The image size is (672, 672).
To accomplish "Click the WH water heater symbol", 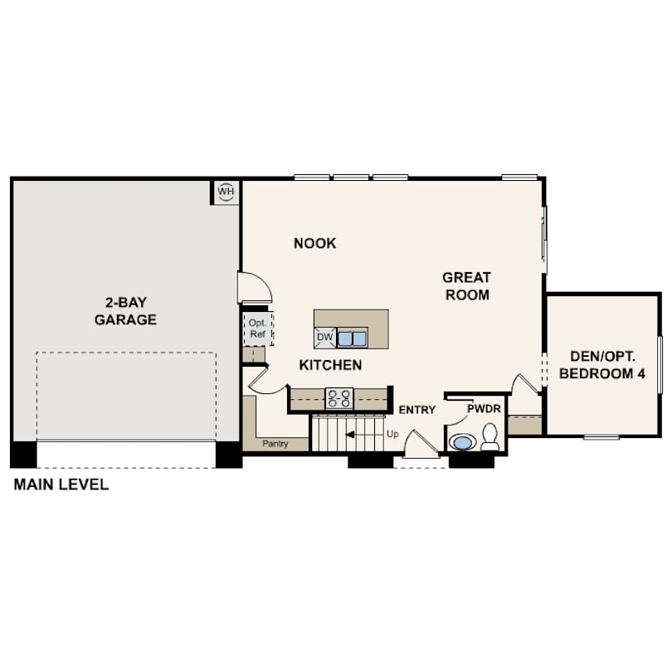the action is (x=226, y=192).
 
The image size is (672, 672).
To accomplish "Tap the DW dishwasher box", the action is (x=325, y=338).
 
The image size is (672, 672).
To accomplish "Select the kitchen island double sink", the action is (x=352, y=338).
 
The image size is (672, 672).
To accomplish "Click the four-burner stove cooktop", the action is (x=339, y=398).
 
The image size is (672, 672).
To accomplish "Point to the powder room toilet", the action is (x=489, y=436).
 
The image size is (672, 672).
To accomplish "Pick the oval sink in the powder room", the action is (x=461, y=442).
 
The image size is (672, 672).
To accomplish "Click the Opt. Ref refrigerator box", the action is (x=257, y=329).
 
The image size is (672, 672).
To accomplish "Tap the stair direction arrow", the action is (x=364, y=435).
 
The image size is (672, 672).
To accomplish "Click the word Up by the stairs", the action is (x=392, y=434).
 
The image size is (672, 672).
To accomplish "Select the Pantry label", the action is (x=275, y=444).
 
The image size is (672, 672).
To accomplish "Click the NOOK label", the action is (x=314, y=243).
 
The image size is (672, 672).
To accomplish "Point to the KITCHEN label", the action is (x=330, y=365).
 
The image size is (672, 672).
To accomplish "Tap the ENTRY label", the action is (x=416, y=410).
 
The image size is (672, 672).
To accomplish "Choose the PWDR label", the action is (x=484, y=409).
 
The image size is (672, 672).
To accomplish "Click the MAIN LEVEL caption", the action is (x=61, y=485).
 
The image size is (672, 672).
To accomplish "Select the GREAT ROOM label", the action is (x=467, y=286).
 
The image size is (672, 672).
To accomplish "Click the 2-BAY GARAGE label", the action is (x=125, y=311).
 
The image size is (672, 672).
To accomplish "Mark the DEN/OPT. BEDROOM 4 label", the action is (x=602, y=365).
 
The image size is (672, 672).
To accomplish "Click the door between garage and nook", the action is (x=255, y=287).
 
